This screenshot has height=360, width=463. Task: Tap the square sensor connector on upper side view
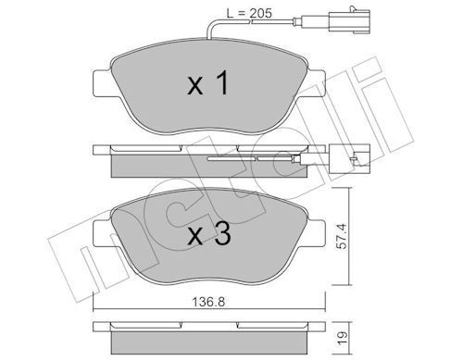click(x=355, y=158)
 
